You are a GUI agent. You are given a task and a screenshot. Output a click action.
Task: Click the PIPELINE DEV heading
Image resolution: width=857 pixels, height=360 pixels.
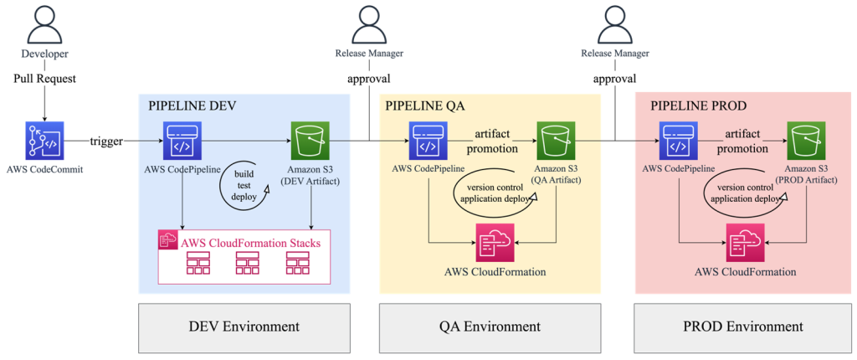pyautogui.click(x=192, y=106)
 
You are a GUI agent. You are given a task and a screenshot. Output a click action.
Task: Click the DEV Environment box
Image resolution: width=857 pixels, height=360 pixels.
pyautogui.click(x=244, y=327)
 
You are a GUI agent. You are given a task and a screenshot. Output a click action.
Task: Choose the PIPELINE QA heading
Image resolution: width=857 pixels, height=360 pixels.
pyautogui.click(x=425, y=106)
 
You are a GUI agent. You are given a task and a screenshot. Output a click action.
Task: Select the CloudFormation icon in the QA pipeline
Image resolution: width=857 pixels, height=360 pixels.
pyautogui.click(x=495, y=244)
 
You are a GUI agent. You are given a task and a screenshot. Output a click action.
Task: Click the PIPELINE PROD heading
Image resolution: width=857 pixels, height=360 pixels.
pyautogui.click(x=698, y=106)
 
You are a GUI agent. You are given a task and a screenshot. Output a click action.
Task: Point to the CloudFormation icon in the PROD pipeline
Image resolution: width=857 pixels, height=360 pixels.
pyautogui.click(x=745, y=244)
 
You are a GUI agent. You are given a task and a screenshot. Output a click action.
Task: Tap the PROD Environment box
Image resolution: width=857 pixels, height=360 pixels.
pyautogui.click(x=743, y=327)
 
